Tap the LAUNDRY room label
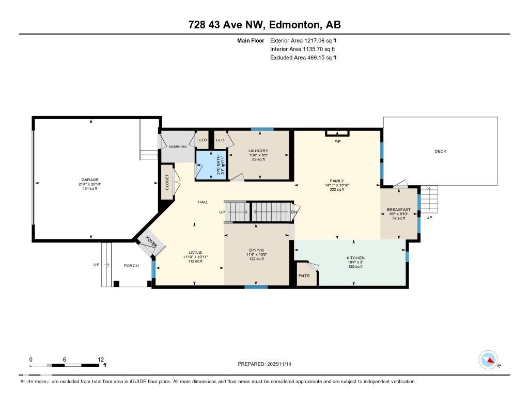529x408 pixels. (258, 151)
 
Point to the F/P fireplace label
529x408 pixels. (337, 141)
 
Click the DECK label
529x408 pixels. (440, 151)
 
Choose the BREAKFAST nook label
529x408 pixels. (399, 209)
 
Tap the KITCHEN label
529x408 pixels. (355, 258)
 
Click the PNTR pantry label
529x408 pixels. (304, 276)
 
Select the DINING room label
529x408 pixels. (256, 250)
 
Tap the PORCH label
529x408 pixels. (131, 266)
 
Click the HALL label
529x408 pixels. (203, 202)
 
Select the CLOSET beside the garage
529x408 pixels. (167, 182)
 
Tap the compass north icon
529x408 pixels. (488, 360)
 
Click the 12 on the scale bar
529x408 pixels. (101, 360)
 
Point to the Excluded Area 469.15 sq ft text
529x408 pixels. (303, 58)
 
